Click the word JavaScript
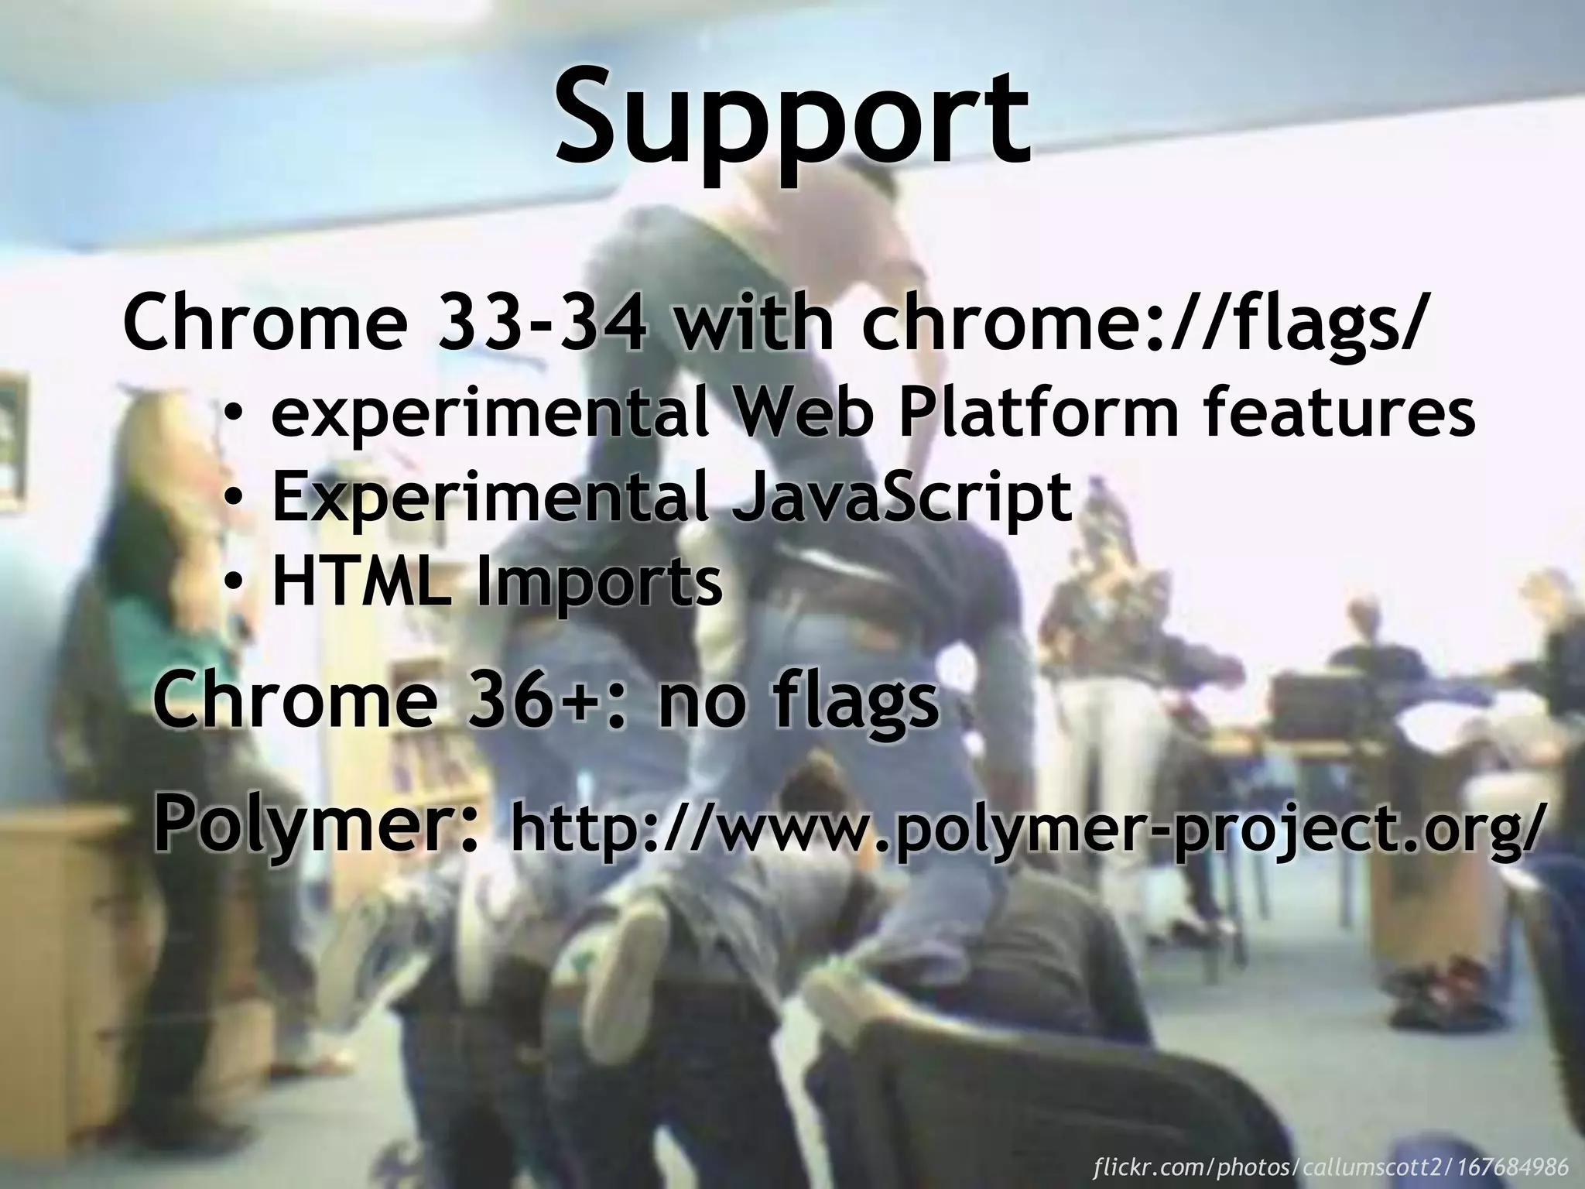[902, 499]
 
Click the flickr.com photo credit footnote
[1331, 1166]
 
